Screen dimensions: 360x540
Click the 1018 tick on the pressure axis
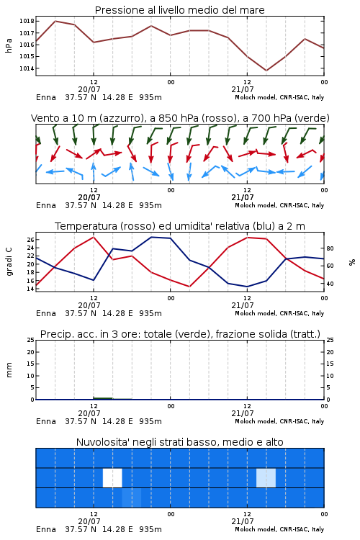pos(27,21)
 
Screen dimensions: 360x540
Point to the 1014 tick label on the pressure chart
pos(27,68)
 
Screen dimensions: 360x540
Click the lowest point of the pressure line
pos(266,71)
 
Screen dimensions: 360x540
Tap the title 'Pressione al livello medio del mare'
pos(179,10)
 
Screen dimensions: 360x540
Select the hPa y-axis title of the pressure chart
pos(9,45)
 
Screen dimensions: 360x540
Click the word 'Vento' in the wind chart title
pos(45,118)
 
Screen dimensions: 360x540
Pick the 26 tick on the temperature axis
pos(30,239)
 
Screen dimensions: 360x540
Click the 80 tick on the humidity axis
pos(330,248)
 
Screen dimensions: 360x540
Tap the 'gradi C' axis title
pos(9,262)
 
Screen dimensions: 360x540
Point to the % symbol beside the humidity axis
pos(352,262)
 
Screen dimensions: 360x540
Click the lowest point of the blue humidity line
pos(247,287)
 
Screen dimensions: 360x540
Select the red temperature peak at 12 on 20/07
pos(94,237)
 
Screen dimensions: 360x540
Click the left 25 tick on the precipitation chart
pos(30,340)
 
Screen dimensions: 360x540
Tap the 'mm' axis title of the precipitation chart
pos(9,370)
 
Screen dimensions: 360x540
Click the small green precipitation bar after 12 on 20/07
pos(103,398)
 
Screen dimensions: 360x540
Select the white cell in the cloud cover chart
pos(112,477)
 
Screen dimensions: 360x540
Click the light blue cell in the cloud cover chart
pos(266,477)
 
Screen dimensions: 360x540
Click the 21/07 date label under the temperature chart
pos(243,305)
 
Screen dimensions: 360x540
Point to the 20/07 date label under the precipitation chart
pos(89,413)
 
